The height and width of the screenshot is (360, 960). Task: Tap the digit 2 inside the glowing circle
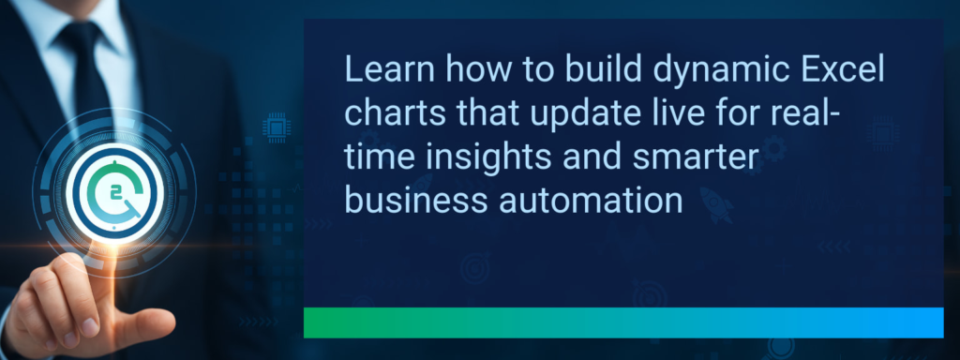pos(116,193)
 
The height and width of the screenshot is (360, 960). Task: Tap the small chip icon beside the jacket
pos(277,125)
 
